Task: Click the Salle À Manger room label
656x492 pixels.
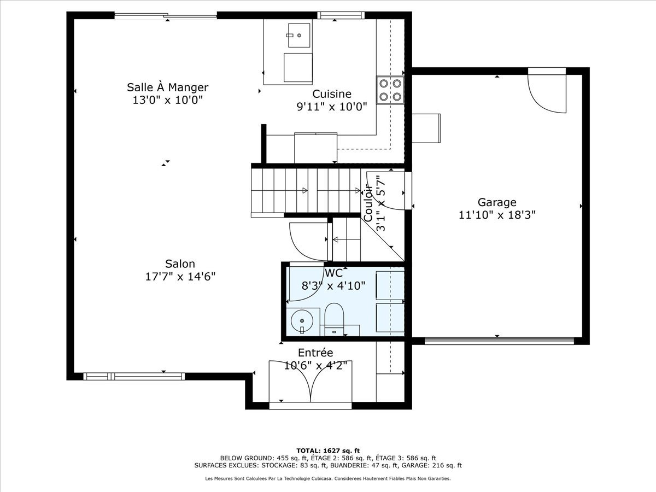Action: tap(167, 87)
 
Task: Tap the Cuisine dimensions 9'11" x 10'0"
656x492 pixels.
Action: tap(332, 107)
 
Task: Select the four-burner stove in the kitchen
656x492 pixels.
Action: tap(390, 90)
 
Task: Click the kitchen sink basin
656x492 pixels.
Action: tap(299, 35)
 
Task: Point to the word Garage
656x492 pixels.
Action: tap(497, 202)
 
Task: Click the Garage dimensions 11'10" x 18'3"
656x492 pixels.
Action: tap(497, 215)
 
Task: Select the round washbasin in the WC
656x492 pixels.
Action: tap(302, 321)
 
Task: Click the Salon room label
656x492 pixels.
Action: tap(180, 264)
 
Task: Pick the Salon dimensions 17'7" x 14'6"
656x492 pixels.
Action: tap(180, 277)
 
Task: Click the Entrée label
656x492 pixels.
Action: tap(315, 353)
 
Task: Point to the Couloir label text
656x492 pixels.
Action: tap(368, 203)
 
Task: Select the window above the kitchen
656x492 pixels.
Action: tap(341, 15)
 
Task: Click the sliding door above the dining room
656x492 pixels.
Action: tap(166, 15)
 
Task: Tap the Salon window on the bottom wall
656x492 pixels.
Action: tap(134, 377)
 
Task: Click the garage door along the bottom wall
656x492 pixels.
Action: tap(499, 341)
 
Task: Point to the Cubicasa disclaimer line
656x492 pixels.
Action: tap(328, 478)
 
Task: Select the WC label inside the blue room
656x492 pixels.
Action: tap(333, 273)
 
